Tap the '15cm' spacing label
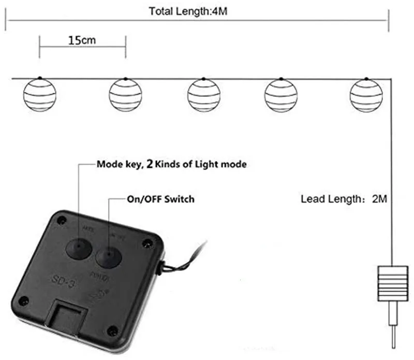tap(82, 40)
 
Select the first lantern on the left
tap(39, 94)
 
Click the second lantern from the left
tap(125, 94)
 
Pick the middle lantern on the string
tap(204, 94)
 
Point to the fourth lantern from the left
tap(281, 94)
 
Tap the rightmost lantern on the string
tap(366, 94)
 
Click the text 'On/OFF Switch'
tap(161, 198)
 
